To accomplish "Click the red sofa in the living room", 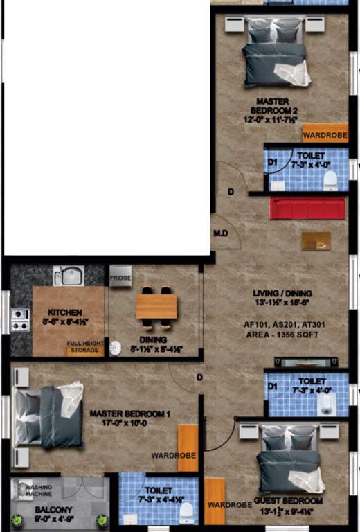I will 309,208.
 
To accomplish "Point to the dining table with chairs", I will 156,306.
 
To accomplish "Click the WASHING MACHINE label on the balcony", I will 39,490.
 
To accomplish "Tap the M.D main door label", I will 222,233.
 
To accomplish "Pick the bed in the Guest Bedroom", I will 289,461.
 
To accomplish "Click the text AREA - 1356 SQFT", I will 281,334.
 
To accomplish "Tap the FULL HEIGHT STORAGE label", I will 85,346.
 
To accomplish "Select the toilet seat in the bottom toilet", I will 186,512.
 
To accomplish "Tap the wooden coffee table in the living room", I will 316,240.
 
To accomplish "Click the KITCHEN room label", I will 65,313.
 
